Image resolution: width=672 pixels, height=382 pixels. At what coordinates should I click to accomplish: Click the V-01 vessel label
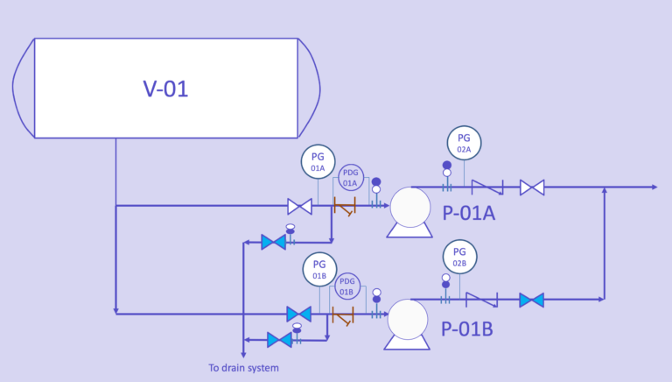[x=165, y=88]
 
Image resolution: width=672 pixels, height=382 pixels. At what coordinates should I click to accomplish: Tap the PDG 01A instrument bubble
[x=350, y=178]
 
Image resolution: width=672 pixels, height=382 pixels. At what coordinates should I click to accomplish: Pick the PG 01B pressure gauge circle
[x=319, y=270]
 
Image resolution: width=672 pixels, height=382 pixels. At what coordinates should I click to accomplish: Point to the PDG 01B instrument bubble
[x=346, y=286]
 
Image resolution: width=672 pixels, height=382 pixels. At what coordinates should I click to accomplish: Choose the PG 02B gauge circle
[x=459, y=256]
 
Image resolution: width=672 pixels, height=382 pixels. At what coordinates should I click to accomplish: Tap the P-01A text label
[x=468, y=213]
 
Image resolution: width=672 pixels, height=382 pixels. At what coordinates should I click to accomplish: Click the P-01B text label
[x=466, y=329]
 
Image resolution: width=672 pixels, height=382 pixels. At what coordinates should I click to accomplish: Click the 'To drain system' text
[x=243, y=368]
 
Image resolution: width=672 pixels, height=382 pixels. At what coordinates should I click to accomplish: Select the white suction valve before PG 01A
[x=300, y=207]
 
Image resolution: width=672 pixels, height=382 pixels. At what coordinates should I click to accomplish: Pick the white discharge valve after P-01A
[x=532, y=187]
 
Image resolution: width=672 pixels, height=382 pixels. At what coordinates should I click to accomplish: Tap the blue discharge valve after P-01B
[x=531, y=300]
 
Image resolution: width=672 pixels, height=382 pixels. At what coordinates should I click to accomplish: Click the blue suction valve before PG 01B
[x=299, y=314]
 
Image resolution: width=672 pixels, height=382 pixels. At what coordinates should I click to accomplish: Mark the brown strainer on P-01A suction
[x=345, y=208]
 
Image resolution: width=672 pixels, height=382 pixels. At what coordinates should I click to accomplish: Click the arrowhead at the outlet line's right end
[x=653, y=187]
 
